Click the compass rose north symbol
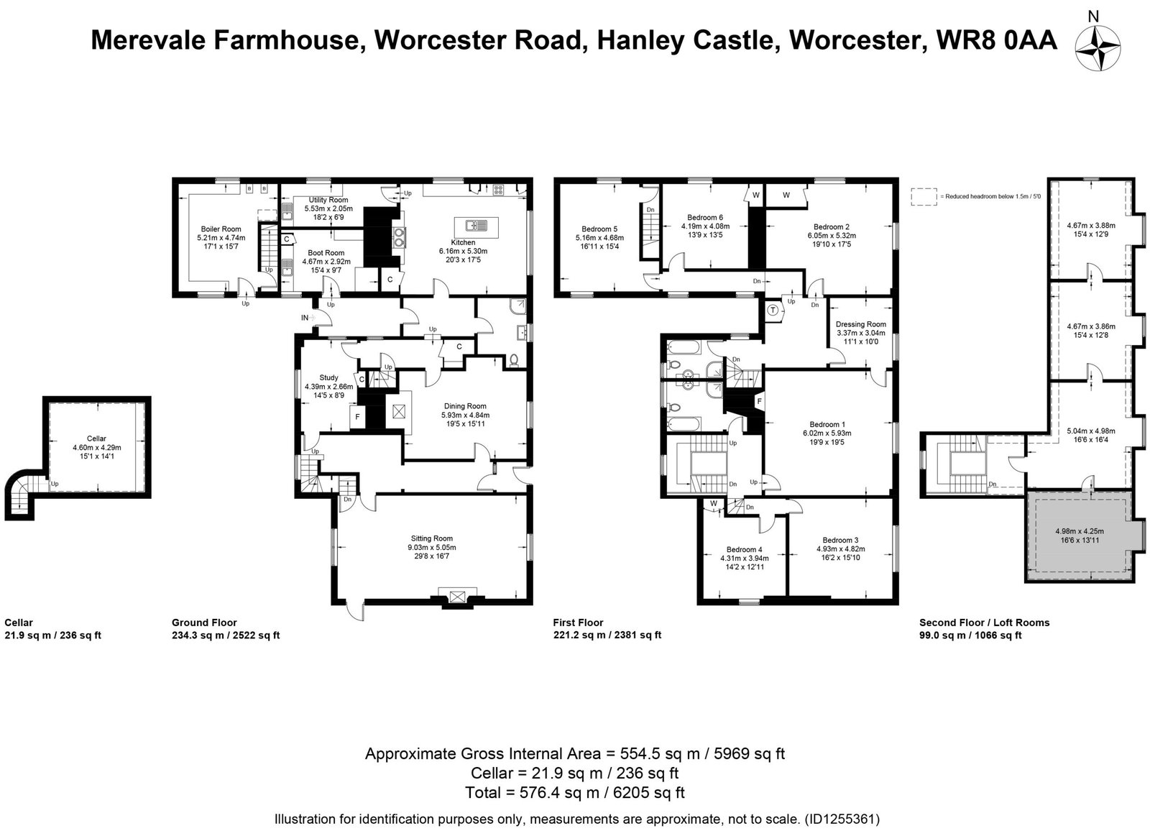(1098, 48)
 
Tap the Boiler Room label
(221, 229)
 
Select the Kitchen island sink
(476, 226)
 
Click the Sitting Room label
(431, 538)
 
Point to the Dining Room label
(465, 405)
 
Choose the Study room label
(328, 377)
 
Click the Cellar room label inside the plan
(96, 439)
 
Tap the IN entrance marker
(305, 318)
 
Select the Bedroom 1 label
(827, 424)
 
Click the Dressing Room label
(861, 324)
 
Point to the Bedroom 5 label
(599, 229)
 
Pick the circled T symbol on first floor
(773, 311)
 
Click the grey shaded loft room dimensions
(1080, 536)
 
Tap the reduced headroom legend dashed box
(924, 197)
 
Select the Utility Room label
(328, 200)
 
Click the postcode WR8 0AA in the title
(997, 40)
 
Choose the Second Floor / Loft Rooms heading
(984, 623)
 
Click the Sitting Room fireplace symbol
(456, 597)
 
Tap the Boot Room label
(326, 253)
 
